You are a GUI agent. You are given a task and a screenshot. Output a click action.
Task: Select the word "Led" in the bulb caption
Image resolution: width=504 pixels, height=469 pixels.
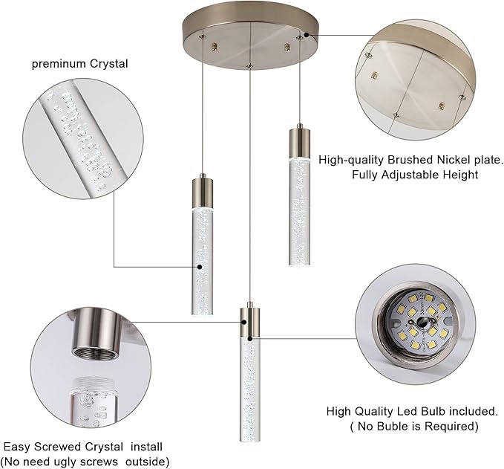pyautogui.click(x=410, y=411)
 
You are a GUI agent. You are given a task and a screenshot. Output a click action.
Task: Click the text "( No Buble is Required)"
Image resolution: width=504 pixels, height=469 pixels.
pyautogui.click(x=413, y=427)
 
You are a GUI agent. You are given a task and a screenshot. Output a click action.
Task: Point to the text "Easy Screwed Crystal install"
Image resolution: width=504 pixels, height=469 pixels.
pyautogui.click(x=83, y=447)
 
